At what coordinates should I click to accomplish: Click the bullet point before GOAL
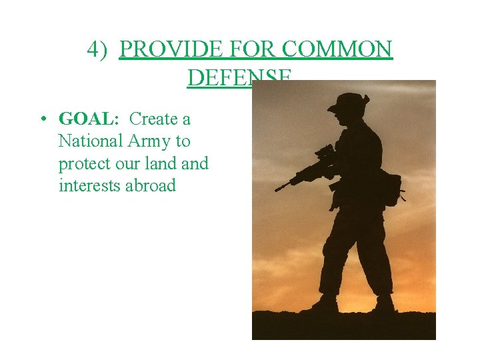(x=41, y=120)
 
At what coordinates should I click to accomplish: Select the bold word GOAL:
(x=89, y=119)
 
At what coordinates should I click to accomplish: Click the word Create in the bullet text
(x=154, y=119)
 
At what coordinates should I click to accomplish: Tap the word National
(x=91, y=141)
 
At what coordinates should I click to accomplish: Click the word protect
(x=85, y=164)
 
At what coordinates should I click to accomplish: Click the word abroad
(x=151, y=185)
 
